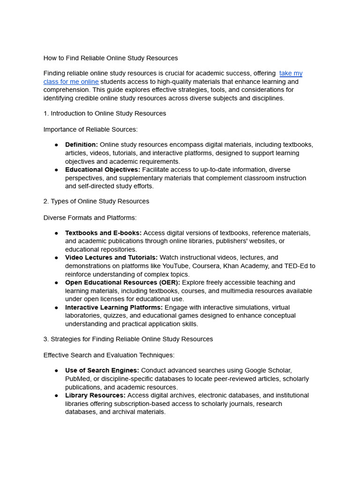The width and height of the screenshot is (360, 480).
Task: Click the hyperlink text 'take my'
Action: (291, 74)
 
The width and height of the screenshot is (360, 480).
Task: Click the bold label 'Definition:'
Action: (82, 145)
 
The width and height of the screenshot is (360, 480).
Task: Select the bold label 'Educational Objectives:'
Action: (103, 170)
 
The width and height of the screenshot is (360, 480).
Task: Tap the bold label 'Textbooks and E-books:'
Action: (103, 233)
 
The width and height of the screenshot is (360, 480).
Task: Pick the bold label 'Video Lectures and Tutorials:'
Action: (112, 258)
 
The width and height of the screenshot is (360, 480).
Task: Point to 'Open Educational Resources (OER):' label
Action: (122, 283)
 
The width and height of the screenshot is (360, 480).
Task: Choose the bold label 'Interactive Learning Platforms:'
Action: (114, 307)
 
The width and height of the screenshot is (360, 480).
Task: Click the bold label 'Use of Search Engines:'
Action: (102, 370)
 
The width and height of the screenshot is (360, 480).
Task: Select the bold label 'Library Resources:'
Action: (95, 396)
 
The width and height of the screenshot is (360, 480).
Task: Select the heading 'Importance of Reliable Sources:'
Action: (90, 129)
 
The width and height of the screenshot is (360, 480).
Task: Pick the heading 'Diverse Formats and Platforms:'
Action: (90, 218)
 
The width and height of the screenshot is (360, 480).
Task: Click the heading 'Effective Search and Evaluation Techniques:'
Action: (109, 355)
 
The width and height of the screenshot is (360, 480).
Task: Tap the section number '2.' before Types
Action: (46, 202)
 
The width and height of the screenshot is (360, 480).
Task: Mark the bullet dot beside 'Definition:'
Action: (56, 145)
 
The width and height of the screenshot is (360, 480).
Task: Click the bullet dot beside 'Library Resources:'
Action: (56, 396)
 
